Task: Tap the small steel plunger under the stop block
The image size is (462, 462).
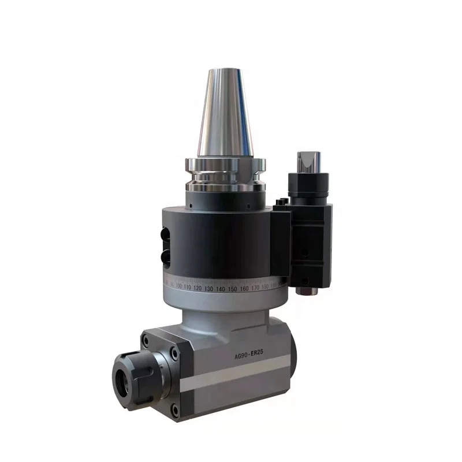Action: [x=306, y=289]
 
